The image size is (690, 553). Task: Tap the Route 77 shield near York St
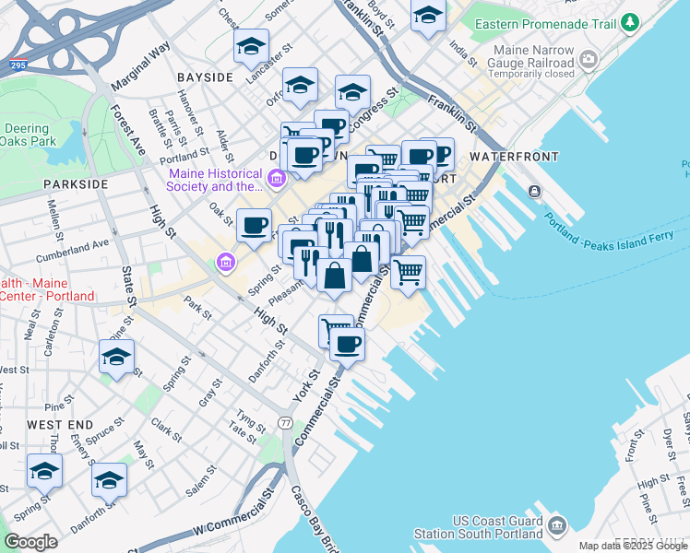pos(287,423)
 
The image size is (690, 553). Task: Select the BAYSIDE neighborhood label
pos(204,77)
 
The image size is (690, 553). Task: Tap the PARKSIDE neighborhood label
pos(76,184)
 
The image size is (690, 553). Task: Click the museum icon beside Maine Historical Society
pos(276,177)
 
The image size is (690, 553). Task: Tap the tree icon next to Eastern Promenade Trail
pos(629,21)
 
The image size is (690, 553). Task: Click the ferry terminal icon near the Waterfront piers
pos(534,191)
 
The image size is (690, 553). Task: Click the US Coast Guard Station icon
pos(556,526)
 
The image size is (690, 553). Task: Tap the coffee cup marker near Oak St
pos(254,224)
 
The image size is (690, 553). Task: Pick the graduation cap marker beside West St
pos(116,356)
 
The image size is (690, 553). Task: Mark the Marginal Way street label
pos(140,65)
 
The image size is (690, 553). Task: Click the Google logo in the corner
pos(30,542)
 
